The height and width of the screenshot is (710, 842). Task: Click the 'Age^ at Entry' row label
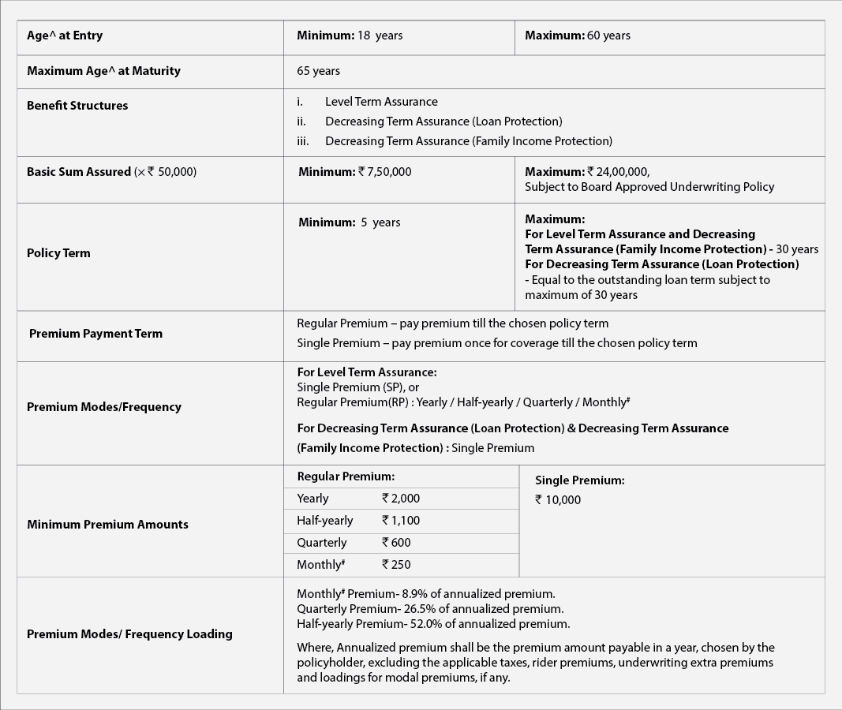click(x=65, y=35)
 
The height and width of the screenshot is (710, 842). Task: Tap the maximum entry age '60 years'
click(x=608, y=35)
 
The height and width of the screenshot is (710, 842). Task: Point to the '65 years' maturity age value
click(x=318, y=71)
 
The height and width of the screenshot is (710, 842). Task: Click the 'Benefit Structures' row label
click(x=77, y=106)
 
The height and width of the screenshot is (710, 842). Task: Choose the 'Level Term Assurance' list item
click(x=381, y=102)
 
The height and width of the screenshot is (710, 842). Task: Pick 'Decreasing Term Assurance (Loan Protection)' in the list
click(x=443, y=121)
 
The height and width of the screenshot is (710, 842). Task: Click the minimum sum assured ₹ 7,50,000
click(x=385, y=172)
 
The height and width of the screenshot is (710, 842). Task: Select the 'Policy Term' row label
click(x=58, y=253)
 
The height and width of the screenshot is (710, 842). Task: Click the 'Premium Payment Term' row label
click(x=95, y=334)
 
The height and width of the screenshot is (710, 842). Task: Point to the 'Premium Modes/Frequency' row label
click(x=104, y=407)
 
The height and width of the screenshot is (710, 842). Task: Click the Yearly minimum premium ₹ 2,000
click(x=401, y=499)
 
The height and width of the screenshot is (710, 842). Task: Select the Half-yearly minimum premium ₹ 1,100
click(x=401, y=521)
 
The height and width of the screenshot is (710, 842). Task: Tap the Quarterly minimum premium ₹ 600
click(x=396, y=543)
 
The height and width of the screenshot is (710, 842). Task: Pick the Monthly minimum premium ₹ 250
click(x=396, y=565)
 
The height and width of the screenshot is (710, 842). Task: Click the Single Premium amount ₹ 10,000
click(x=558, y=500)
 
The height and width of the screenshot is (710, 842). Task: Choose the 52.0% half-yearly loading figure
click(x=425, y=624)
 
